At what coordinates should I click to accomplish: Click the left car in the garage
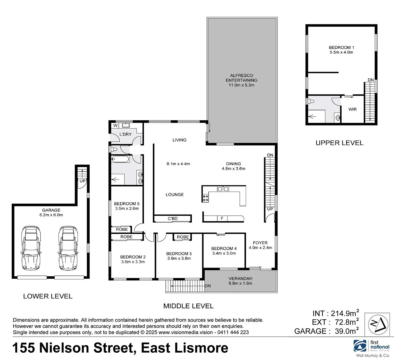31,248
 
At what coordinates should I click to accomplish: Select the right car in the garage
68,248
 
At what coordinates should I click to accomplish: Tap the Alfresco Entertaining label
241,80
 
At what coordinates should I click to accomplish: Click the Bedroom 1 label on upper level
341,50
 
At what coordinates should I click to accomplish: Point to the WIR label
352,109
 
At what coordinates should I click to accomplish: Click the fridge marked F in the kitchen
222,218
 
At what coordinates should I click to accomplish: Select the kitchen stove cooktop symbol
205,198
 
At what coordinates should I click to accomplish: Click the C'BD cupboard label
172,219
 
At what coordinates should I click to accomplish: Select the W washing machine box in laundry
115,126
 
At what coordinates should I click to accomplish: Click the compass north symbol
377,324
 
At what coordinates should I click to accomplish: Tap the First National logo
371,346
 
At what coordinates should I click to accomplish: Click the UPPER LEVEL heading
339,143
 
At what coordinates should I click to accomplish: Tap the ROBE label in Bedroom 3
183,237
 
